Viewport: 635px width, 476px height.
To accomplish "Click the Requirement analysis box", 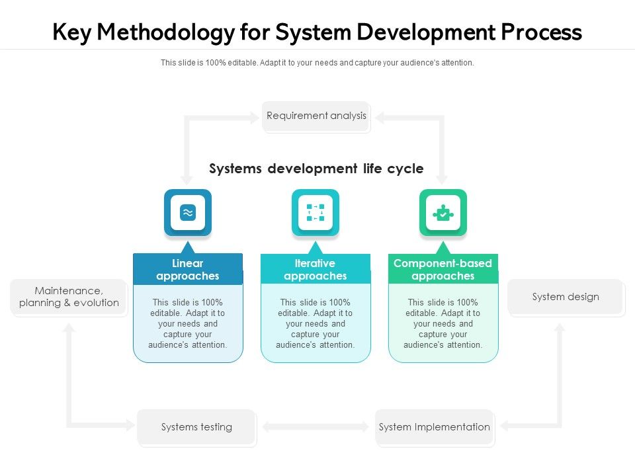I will pos(316,116).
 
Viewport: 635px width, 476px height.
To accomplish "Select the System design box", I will pos(566,297).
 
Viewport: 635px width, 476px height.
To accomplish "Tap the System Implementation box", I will pos(434,427).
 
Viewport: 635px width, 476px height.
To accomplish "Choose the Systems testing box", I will pos(196,427).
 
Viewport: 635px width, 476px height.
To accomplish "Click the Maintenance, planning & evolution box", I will pos(69,297).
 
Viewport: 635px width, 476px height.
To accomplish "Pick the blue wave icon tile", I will pos(188,213).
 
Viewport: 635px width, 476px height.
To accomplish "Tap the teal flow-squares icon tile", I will pos(316,213).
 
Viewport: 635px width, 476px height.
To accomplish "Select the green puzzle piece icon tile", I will pos(443,213).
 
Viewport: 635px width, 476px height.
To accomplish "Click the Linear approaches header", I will pos(188,270).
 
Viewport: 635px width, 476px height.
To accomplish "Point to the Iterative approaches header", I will pos(316,270).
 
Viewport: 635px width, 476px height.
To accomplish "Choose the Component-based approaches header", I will pos(443,270).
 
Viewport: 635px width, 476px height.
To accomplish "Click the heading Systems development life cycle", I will pos(316,169).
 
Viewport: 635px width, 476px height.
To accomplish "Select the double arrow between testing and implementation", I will pos(316,427).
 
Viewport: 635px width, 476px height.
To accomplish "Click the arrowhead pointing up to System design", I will pos(560,328).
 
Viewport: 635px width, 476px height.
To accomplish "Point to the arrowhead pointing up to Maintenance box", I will pos(69,328).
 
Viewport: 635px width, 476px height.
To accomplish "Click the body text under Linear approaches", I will pos(188,324).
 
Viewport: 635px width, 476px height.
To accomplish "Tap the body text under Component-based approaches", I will pos(443,324).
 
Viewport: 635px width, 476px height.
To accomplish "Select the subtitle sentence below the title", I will pos(317,63).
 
